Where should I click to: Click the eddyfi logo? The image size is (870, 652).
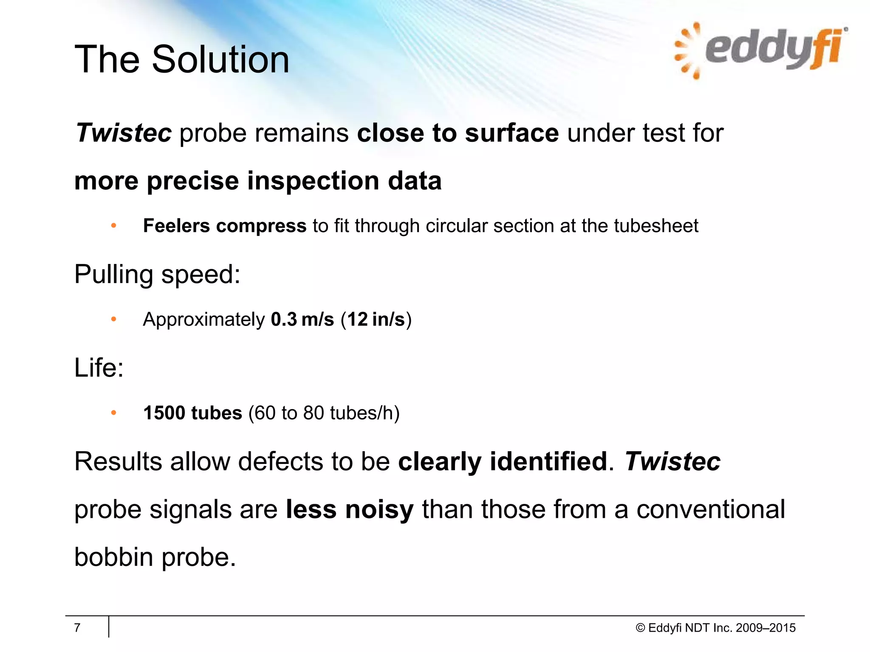pyautogui.click(x=760, y=50)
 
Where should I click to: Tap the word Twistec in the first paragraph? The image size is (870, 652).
pyautogui.click(x=124, y=133)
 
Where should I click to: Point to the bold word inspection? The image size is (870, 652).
pyautogui.click(x=313, y=181)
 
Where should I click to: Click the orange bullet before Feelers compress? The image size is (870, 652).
pyautogui.click(x=113, y=226)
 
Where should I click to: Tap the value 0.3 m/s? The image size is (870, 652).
pyautogui.click(x=302, y=319)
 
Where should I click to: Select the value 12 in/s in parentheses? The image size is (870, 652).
pyautogui.click(x=376, y=319)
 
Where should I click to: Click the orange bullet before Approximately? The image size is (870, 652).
pyautogui.click(x=113, y=319)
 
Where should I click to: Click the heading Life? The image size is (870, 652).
pyautogui.click(x=99, y=368)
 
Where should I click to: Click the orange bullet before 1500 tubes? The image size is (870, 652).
pyautogui.click(x=113, y=413)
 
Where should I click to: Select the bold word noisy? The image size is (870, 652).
pyautogui.click(x=379, y=509)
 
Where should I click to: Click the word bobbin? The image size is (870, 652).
pyautogui.click(x=113, y=557)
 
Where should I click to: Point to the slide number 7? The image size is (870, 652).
pyautogui.click(x=77, y=627)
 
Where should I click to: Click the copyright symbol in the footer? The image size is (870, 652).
pyautogui.click(x=640, y=628)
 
